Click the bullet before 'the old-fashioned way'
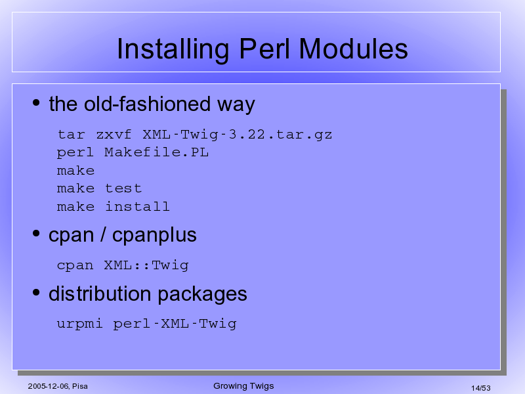coord(36,103)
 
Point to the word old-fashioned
coord(147,104)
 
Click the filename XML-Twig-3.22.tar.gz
coord(238,135)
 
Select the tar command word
coord(72,135)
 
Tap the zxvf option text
coord(114,135)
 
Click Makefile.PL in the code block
coord(156,152)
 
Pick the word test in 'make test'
coord(123,188)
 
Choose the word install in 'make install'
coord(137,206)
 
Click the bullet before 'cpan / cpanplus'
coord(36,234)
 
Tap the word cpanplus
coord(154,236)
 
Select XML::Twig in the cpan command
coord(146,266)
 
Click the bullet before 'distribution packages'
coord(36,292)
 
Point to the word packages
coord(202,294)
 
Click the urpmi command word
coord(79,324)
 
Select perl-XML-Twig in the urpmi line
coord(175,324)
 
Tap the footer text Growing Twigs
coord(243,386)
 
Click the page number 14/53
coord(481,388)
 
